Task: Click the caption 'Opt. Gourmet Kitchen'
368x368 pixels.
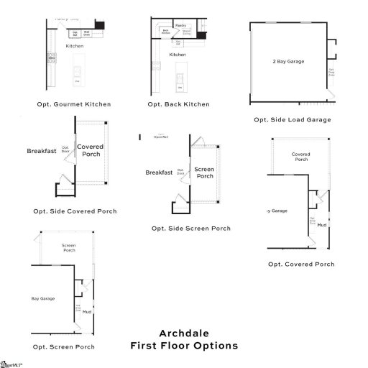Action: pyautogui.click(x=74, y=104)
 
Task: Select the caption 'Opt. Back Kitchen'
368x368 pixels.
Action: pyautogui.click(x=178, y=104)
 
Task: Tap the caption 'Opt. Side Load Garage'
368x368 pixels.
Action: pyautogui.click(x=293, y=119)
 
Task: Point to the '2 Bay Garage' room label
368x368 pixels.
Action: pyautogui.click(x=289, y=62)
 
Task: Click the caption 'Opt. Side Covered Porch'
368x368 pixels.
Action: pyautogui.click(x=75, y=211)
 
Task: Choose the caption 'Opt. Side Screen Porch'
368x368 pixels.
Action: pyautogui.click(x=191, y=229)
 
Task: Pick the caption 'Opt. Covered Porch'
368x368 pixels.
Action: pyautogui.click(x=301, y=264)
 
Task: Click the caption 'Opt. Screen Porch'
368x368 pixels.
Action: pyautogui.click(x=63, y=346)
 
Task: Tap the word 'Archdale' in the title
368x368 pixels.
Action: pyautogui.click(x=184, y=332)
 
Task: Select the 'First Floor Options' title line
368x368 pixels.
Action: pyautogui.click(x=184, y=346)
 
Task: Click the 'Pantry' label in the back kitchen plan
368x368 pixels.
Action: pyautogui.click(x=180, y=25)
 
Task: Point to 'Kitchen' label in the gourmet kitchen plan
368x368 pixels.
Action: pyautogui.click(x=75, y=46)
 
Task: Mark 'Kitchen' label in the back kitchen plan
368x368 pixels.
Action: pyautogui.click(x=178, y=55)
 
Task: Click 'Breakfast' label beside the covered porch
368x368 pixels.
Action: pyautogui.click(x=41, y=151)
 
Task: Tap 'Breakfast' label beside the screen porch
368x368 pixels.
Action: pyautogui.click(x=159, y=172)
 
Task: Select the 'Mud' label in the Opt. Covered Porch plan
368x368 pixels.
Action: pyautogui.click(x=321, y=226)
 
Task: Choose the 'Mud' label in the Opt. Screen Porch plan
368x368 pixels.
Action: pyautogui.click(x=86, y=312)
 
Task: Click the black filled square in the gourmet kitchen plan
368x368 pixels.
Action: pyautogui.click(x=101, y=25)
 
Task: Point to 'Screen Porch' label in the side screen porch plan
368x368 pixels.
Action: pyautogui.click(x=205, y=172)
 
